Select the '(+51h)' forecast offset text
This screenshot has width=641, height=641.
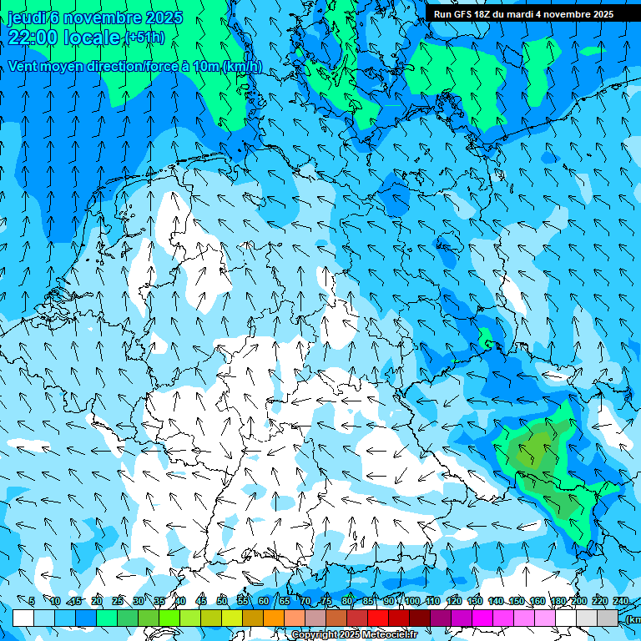144,38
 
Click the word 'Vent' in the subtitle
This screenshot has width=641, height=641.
23,67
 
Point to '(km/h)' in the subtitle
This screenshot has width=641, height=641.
241,67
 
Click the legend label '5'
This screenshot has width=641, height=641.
32,601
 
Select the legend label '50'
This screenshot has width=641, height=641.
222,601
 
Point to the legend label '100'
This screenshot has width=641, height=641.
411,601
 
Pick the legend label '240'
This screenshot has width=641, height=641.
621,601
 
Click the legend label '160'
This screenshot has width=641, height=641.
538,601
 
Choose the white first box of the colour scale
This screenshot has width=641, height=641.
23,618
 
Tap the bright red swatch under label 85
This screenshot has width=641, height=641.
378,618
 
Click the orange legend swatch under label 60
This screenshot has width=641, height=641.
274,618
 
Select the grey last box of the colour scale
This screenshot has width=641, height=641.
608,618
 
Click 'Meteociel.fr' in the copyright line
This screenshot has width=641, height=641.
390,635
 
